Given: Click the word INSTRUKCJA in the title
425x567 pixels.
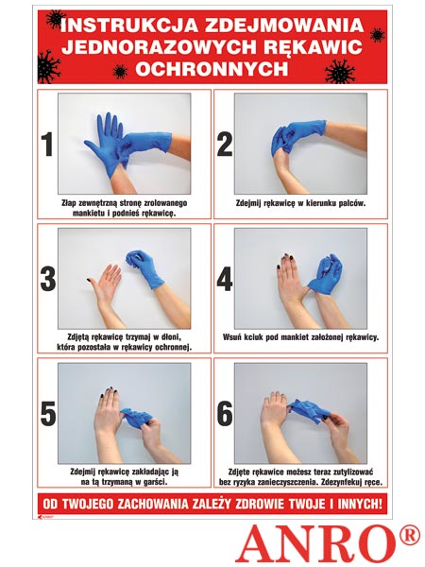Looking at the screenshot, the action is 129,26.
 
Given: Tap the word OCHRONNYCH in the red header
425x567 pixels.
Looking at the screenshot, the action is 212,69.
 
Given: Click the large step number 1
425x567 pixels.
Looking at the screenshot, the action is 47,145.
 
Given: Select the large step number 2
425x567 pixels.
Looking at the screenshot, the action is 225,145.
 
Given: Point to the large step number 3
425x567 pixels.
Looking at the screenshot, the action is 48,279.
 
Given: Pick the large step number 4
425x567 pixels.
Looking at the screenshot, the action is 225,279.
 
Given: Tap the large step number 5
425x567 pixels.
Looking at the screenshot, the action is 48,413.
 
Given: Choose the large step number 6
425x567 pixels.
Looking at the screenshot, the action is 225,413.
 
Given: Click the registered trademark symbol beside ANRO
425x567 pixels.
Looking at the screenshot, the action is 410,536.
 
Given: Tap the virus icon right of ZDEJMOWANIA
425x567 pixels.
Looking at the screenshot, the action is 377,35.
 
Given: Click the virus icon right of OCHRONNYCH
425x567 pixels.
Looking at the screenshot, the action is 340,71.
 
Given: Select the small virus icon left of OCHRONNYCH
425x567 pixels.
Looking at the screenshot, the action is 120,72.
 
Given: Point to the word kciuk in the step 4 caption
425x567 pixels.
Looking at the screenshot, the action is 254,337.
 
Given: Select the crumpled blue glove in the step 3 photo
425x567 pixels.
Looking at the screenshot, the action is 144,267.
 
